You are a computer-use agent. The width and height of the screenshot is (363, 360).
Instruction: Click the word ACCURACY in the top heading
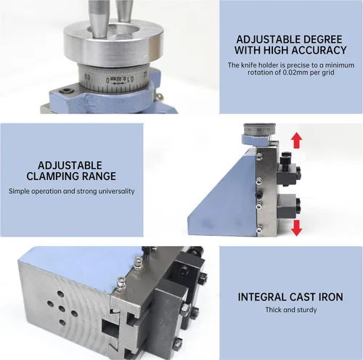click(x=319, y=50)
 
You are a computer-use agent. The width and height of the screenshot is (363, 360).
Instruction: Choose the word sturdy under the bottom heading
click(x=307, y=310)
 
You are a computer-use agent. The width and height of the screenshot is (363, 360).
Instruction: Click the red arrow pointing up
click(x=296, y=140)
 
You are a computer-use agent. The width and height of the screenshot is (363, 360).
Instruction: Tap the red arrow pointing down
click(x=296, y=228)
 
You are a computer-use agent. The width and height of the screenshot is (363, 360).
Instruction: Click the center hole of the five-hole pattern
click(x=62, y=308)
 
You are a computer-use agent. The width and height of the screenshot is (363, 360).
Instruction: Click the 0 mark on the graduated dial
click(x=108, y=80)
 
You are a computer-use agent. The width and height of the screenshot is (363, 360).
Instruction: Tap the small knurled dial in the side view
click(x=259, y=129)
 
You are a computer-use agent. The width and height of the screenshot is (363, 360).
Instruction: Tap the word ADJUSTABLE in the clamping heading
click(x=70, y=165)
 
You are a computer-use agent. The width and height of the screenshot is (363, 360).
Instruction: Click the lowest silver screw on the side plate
click(x=259, y=229)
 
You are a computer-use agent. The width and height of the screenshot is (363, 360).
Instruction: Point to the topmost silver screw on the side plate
click(x=259, y=157)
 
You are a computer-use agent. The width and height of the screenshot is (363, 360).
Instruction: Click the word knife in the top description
click(x=249, y=65)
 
